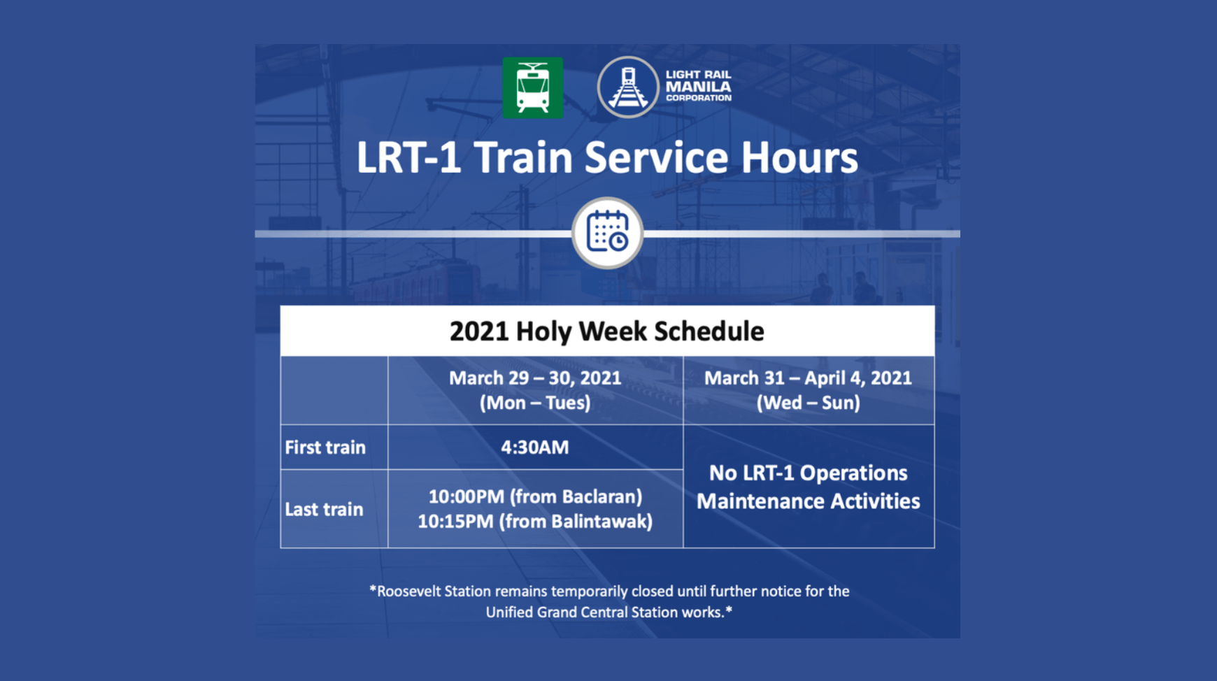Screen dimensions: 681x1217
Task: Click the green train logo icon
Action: (x=532, y=88)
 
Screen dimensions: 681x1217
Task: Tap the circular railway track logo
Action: (x=627, y=87)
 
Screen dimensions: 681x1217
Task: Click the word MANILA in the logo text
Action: (x=698, y=87)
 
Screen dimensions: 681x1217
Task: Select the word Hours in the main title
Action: (x=799, y=158)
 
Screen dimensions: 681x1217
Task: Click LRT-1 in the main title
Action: (x=408, y=158)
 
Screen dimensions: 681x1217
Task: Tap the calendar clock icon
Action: (x=607, y=233)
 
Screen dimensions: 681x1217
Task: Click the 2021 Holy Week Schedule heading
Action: (x=606, y=331)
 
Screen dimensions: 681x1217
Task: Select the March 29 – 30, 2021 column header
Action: (x=535, y=378)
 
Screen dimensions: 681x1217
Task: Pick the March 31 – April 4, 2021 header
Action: (x=808, y=378)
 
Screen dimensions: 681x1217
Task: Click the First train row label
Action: (x=325, y=447)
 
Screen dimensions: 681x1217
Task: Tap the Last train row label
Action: (x=324, y=509)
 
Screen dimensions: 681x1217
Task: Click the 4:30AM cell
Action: (x=535, y=447)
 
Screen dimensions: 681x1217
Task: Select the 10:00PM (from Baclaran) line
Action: (x=535, y=496)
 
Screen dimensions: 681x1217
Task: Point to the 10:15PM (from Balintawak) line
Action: (x=535, y=522)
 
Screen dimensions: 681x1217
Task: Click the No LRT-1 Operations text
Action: (x=808, y=473)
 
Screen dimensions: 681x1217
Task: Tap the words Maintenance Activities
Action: (x=808, y=501)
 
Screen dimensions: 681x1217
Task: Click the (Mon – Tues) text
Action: (x=535, y=403)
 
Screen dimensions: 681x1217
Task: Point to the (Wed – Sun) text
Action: (x=808, y=403)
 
